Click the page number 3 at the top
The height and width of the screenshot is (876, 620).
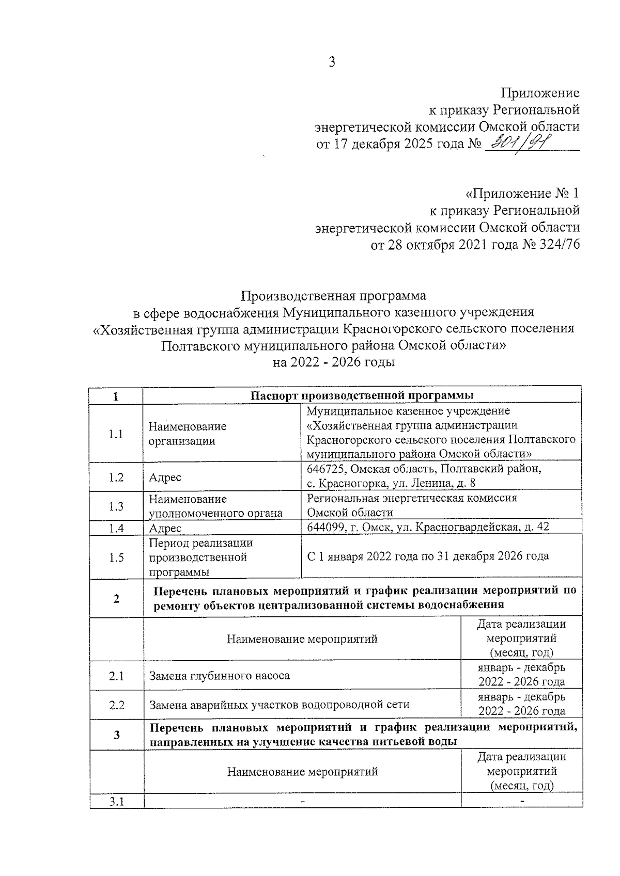click(x=332, y=62)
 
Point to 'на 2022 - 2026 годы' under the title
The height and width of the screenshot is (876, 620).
click(x=334, y=362)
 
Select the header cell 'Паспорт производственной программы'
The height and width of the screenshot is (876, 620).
click(x=362, y=395)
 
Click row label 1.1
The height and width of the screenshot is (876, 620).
click(x=116, y=434)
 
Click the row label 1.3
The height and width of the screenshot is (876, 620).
click(x=116, y=506)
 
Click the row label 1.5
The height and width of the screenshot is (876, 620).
click(x=116, y=558)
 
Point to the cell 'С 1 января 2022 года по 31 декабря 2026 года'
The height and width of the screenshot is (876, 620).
click(x=428, y=556)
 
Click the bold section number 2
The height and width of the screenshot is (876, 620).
click(x=116, y=599)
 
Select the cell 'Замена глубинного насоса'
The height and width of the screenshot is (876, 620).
click(x=220, y=675)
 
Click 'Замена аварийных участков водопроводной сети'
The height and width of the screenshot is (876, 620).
click(x=279, y=705)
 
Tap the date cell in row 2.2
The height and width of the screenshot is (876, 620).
click(x=521, y=704)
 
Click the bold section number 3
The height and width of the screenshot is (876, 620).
click(x=116, y=735)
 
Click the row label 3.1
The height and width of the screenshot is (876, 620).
click(x=116, y=801)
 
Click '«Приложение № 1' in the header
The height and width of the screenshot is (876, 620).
click(x=522, y=194)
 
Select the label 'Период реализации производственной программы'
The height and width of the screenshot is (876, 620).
click(x=200, y=558)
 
